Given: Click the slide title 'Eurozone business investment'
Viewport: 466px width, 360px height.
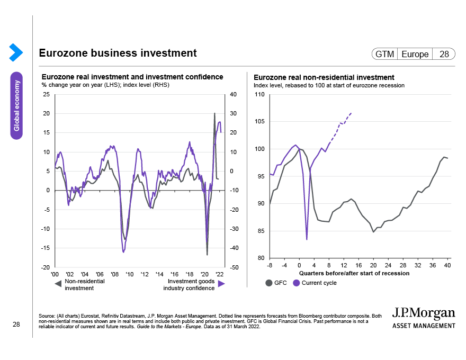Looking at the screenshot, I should [118, 53].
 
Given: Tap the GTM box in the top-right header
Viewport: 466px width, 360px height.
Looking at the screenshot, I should [384, 54].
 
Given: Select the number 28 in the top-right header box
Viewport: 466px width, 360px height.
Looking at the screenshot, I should [443, 54].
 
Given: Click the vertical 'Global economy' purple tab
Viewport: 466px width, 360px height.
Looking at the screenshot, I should [17, 105].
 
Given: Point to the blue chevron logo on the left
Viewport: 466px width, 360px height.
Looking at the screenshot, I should [16, 52].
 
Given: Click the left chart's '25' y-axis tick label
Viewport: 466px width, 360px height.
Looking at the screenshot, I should [46, 95].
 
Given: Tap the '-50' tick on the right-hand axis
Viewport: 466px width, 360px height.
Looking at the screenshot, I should [235, 267].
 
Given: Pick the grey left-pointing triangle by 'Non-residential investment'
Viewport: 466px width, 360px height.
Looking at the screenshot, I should [58, 284].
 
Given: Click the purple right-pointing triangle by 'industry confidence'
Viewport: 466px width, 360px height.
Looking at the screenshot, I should [221, 284].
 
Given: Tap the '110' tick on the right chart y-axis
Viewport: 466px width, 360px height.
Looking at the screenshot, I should [259, 95].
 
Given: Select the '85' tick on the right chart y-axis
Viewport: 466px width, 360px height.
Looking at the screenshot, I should [261, 231].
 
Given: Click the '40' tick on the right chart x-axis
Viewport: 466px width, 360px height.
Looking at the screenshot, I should [447, 265].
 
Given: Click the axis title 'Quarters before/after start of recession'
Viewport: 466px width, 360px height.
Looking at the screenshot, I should [354, 273].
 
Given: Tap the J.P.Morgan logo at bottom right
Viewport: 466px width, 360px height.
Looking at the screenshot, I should [424, 317].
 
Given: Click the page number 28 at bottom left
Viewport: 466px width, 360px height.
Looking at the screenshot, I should [16, 325].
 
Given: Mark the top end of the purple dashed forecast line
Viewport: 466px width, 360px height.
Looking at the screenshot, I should [352, 113].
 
